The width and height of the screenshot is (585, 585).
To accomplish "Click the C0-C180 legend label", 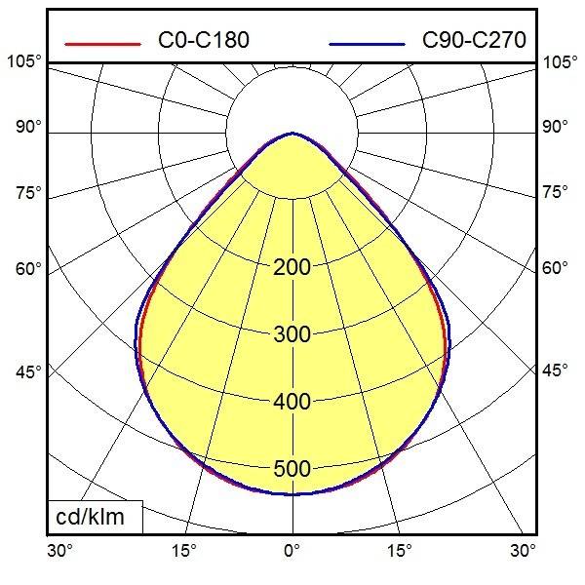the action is (x=204, y=40).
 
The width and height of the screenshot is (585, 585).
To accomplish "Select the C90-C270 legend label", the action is (x=474, y=40).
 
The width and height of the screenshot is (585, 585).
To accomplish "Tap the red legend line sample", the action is (x=102, y=44).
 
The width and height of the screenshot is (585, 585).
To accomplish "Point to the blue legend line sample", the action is (x=367, y=44).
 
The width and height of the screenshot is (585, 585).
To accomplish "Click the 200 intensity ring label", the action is (x=292, y=267).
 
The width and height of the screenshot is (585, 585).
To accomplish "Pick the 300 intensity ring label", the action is (x=292, y=334).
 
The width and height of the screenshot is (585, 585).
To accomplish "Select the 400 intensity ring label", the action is (x=292, y=402).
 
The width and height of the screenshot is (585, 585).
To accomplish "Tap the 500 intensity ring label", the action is (x=292, y=469).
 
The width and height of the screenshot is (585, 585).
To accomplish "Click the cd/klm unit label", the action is (x=90, y=517).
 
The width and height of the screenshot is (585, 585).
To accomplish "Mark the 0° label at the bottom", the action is (x=292, y=550).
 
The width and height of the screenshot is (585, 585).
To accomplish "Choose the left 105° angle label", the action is (x=23, y=61).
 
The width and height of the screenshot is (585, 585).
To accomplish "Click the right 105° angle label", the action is (x=560, y=62).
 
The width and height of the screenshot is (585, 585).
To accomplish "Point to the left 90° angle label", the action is (x=28, y=127).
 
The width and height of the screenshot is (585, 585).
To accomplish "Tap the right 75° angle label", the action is (x=555, y=192).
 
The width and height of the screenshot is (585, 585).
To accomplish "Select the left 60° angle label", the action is (x=28, y=269).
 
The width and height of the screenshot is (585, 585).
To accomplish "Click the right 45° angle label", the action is (x=555, y=370).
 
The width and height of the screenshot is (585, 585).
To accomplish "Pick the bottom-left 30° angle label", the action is (x=59, y=550).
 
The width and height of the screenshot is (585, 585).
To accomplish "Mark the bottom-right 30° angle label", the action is (x=523, y=550).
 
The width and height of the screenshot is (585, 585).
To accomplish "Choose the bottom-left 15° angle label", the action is (x=183, y=550).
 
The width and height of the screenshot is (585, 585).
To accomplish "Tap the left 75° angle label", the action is (x=28, y=192).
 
